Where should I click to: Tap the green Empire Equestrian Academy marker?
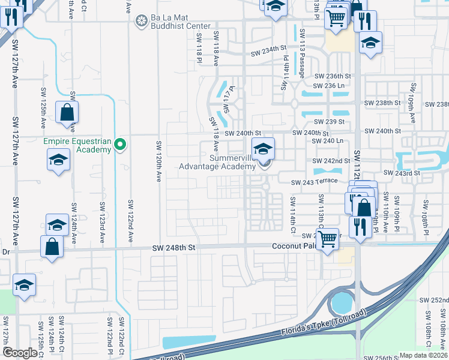(120, 144)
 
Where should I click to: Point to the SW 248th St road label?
(175, 247)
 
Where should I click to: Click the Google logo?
(20, 353)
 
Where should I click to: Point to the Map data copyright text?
(423, 355)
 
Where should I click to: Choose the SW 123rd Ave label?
(102, 223)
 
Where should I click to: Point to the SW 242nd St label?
(331, 161)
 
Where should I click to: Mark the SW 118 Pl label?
(199, 46)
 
